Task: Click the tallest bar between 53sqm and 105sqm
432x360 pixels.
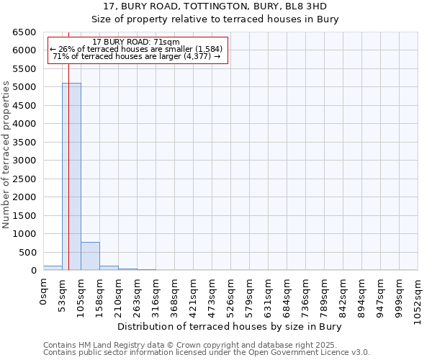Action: pyautogui.click(x=71, y=176)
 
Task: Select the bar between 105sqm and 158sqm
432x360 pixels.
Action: pyautogui.click(x=90, y=256)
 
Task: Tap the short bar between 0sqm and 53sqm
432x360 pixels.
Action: pyautogui.click(x=53, y=268)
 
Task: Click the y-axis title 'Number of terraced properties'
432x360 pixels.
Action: pyautogui.click(x=7, y=155)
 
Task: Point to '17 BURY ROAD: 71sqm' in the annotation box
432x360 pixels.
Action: pyautogui.click(x=136, y=42)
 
